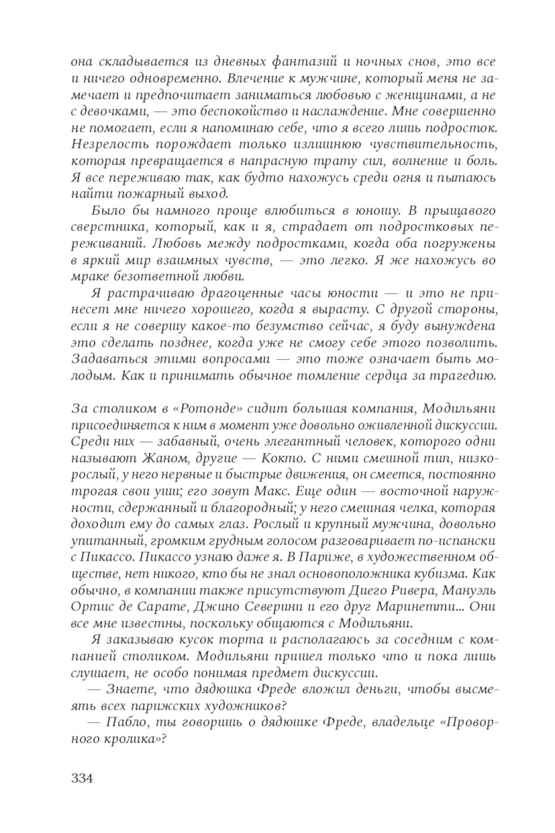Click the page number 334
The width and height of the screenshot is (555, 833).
[x=82, y=778]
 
